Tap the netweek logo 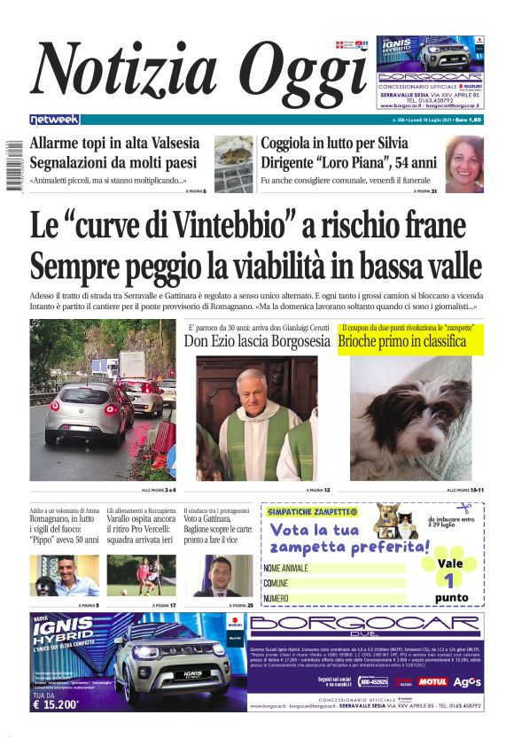[x=54, y=119]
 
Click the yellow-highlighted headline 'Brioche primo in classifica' [x=401, y=341]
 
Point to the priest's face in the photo [x=251, y=387]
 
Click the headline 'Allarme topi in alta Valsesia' [x=114, y=144]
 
